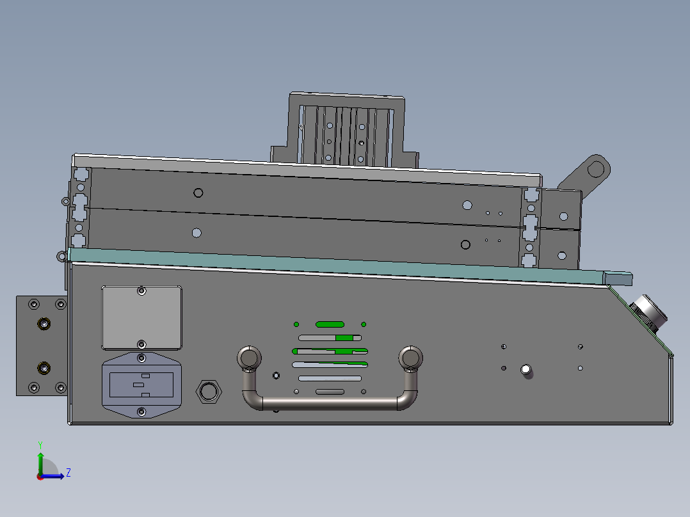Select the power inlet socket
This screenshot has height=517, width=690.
point(141,384)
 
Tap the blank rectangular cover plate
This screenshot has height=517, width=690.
point(141,318)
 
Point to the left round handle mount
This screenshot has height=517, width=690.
point(249,357)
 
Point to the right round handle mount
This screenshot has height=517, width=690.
point(411,357)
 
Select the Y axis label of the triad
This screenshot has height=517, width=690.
point(40,443)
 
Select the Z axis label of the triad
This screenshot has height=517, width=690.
point(68,473)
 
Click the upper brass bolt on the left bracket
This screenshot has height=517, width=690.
point(44,323)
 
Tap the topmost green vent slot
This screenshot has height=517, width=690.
point(330,324)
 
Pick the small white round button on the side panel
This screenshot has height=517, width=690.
point(526,369)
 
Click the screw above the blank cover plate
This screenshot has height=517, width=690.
point(141,291)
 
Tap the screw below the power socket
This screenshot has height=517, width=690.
point(141,412)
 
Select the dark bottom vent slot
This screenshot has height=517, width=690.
point(330,391)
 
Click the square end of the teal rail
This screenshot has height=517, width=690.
point(619,278)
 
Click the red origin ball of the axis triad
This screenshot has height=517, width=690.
point(40,476)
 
